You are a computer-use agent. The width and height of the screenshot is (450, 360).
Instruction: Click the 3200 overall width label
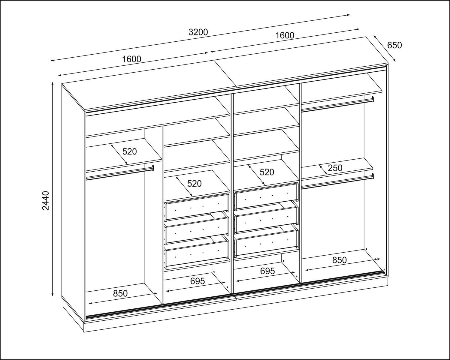198,32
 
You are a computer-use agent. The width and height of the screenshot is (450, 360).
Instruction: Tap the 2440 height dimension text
46,200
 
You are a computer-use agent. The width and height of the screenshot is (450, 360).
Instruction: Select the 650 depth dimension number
394,45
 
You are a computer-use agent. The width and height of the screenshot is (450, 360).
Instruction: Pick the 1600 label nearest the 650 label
285,35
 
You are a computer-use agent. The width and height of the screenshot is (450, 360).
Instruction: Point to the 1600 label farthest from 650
131,59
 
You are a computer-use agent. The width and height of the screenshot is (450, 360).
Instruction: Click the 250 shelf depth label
335,168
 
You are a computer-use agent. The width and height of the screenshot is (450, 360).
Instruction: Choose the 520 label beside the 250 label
267,172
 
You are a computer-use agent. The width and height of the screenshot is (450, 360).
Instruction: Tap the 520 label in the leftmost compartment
129,151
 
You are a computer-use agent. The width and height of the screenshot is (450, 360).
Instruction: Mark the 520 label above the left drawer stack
194,184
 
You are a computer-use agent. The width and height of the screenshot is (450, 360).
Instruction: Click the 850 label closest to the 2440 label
120,294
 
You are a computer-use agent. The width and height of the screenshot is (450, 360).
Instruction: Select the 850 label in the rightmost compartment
340,260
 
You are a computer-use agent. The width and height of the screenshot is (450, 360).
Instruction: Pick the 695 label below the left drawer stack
198,281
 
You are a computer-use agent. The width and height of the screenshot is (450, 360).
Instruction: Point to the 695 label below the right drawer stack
267,271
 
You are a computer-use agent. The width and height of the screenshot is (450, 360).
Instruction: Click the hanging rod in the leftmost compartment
120,173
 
